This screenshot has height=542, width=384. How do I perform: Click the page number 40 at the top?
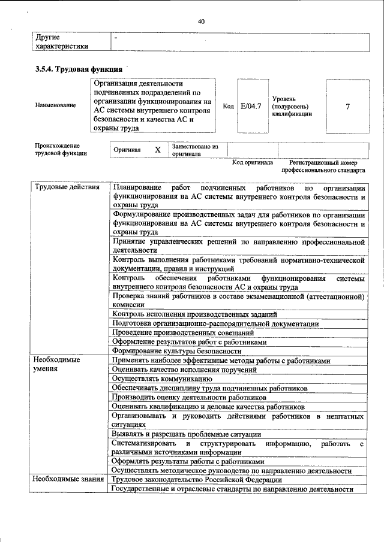coord(201,22)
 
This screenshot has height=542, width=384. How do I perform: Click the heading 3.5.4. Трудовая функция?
coord(79,69)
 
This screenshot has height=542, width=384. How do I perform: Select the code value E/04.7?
coord(250,106)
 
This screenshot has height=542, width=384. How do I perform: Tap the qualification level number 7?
coord(348,106)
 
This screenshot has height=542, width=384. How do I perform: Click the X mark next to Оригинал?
coord(157,150)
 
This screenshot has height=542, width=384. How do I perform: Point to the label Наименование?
coord(56,105)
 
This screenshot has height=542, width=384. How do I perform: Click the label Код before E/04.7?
coord(228,106)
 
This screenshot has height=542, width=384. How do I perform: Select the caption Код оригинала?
coord(253,162)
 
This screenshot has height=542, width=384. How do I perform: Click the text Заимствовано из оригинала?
coord(195,149)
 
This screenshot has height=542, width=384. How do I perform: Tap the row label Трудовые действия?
coord(67,187)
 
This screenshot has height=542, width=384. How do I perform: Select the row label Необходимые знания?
coord(67,480)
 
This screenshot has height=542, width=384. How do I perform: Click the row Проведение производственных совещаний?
coord(183,332)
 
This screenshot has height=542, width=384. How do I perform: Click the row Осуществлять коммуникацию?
coord(162,379)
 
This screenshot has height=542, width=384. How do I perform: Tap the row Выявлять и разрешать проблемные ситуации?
coord(186,434)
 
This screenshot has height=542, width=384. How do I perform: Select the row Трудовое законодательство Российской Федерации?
coord(196,480)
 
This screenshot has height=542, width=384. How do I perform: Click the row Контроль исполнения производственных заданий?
coord(194,314)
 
